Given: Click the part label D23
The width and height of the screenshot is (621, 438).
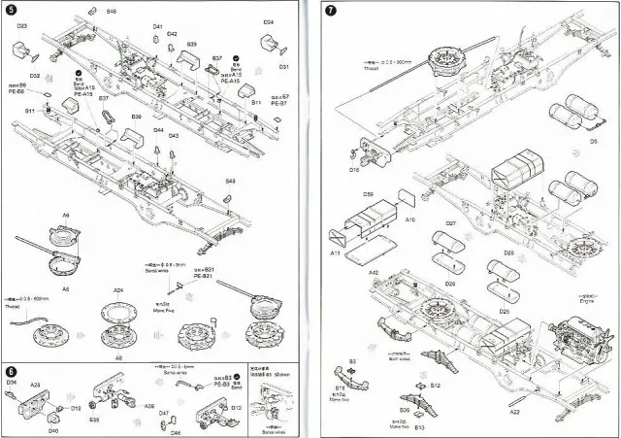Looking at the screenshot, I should [x=22, y=25].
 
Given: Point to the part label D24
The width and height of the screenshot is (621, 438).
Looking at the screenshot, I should [x=268, y=21].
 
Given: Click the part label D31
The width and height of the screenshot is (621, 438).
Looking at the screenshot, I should [x=284, y=66].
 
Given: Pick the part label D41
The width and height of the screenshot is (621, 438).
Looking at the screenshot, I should [x=158, y=26].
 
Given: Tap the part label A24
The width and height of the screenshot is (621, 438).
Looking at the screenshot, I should [x=118, y=289].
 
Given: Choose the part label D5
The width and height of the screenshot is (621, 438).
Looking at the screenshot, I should [x=593, y=140].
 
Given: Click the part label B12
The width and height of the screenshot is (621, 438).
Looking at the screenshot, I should [x=436, y=386].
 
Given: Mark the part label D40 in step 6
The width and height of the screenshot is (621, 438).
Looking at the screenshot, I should [x=52, y=430].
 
